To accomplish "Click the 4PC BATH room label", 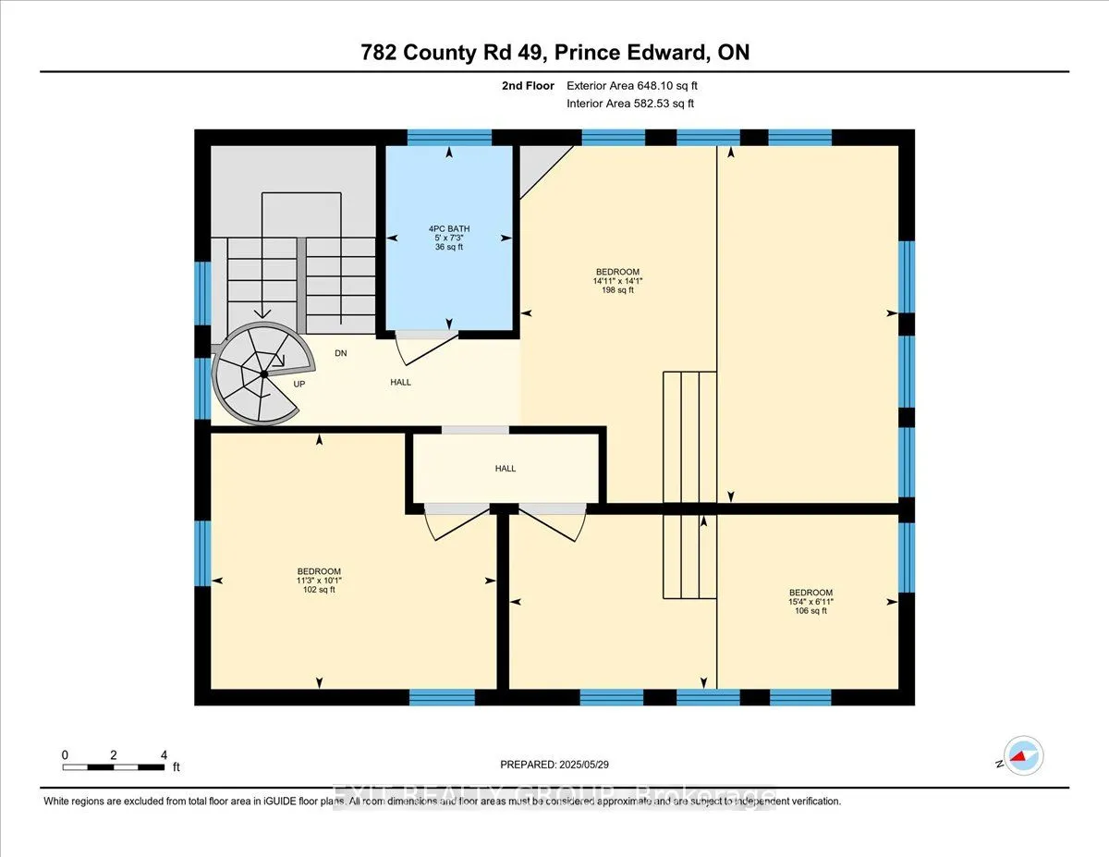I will [x=448, y=227].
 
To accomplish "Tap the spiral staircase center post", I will [x=264, y=373].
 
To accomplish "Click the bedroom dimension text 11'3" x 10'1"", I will [x=319, y=581].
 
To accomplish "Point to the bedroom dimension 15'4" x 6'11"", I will [x=810, y=601].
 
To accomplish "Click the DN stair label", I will [x=341, y=353].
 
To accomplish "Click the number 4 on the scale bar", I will [x=164, y=754].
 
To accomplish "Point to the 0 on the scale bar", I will [x=65, y=754].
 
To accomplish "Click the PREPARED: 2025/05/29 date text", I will [x=554, y=765].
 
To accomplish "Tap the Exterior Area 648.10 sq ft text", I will [x=639, y=86].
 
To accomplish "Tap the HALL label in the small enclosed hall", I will [x=505, y=469].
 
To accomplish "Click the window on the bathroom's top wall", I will [x=450, y=138].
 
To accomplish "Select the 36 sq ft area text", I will [x=448, y=247].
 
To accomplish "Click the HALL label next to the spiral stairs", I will [x=400, y=382].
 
